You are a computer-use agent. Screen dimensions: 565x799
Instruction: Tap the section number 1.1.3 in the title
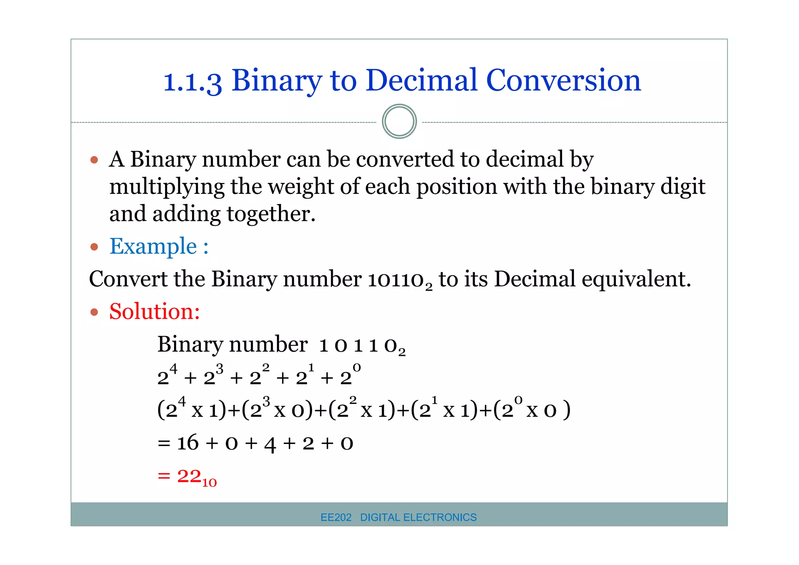pyautogui.click(x=192, y=82)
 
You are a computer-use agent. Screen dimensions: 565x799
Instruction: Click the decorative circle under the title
pyautogui.click(x=399, y=121)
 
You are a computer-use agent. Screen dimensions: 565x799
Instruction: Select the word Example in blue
pyautogui.click(x=153, y=246)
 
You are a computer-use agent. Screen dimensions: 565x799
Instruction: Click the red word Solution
pyautogui.click(x=154, y=311)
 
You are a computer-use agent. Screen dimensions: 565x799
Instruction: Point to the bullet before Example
pyautogui.click(x=94, y=247)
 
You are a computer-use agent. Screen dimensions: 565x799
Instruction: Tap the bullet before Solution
pyautogui.click(x=94, y=312)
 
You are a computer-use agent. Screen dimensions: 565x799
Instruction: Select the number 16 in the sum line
pyautogui.click(x=188, y=443)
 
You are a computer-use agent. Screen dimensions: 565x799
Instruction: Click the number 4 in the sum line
pyautogui.click(x=270, y=444)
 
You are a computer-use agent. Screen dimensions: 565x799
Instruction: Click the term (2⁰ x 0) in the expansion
pyautogui.click(x=531, y=409)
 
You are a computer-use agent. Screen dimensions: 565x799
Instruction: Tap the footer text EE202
pyautogui.click(x=336, y=517)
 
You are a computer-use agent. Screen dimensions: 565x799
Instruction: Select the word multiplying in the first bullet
pyautogui.click(x=167, y=187)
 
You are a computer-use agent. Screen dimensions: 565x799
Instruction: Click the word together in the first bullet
pyautogui.click(x=271, y=214)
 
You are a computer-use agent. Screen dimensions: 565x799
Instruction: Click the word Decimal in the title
pyautogui.click(x=421, y=80)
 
